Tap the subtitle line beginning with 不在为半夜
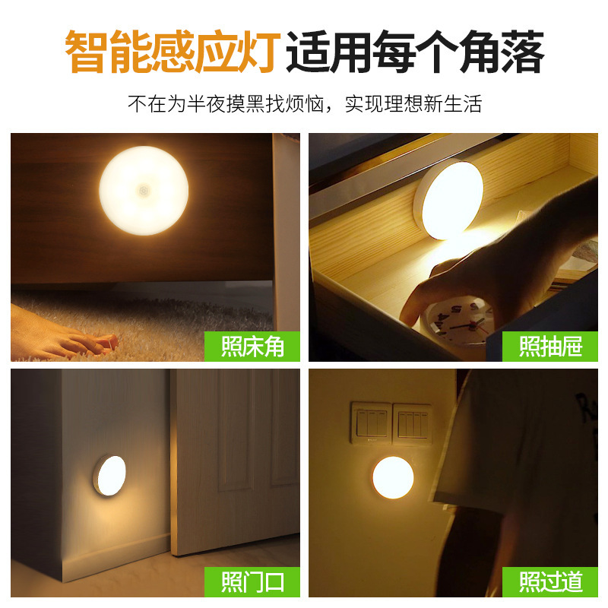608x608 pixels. (304, 104)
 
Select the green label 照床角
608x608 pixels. (252, 347)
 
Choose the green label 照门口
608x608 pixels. (252, 582)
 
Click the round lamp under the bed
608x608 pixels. (144, 190)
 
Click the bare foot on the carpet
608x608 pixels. (64, 339)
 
